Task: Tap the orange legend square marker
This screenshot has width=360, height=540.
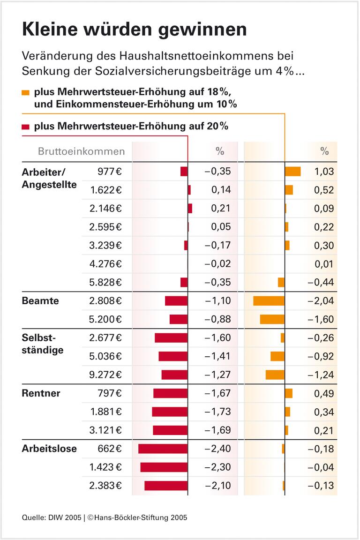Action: click(25, 92)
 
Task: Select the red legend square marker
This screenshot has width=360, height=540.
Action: click(25, 127)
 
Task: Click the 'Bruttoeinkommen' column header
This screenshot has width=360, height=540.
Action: click(81, 151)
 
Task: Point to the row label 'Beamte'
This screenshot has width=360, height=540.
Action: click(40, 301)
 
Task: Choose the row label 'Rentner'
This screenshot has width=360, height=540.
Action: click(41, 393)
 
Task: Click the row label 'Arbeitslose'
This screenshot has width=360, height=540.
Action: click(49, 449)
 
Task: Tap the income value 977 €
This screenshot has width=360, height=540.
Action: click(105, 172)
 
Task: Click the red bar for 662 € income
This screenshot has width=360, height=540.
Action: click(163, 449)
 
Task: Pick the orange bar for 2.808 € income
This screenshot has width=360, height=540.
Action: click(269, 301)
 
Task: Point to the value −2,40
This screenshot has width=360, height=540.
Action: click(217, 449)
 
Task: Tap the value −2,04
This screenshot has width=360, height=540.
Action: click(321, 301)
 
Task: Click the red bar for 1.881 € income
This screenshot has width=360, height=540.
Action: click(169, 412)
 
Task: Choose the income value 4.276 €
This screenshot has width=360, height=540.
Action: click(105, 264)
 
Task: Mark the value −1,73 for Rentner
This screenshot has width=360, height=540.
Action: click(217, 412)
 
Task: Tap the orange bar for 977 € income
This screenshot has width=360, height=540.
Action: click(292, 172)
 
